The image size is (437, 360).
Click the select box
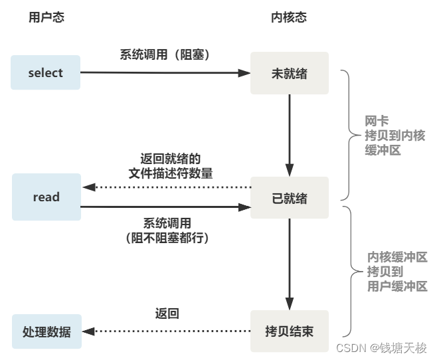coord(45,72)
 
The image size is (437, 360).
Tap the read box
coord(46,197)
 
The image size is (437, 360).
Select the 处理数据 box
coord(46,331)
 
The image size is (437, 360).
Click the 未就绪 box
coord(289,72)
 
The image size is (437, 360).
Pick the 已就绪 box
coord(289,198)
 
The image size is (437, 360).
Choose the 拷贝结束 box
coord(289,331)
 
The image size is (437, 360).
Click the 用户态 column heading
coord(46,18)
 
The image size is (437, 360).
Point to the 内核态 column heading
coord(289,18)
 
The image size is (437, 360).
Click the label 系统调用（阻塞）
coord(165,55)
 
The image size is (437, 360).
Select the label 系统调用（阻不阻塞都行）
coord(166,229)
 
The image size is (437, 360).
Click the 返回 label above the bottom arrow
coord(167,313)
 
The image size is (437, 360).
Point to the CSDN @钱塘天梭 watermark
coord(381,348)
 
